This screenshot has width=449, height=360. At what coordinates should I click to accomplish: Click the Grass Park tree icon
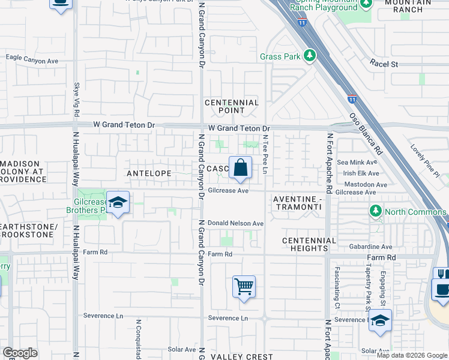tap(310, 56)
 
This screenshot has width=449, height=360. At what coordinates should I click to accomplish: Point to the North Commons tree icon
tap(376, 211)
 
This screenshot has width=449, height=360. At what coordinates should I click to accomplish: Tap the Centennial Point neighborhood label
tap(232, 106)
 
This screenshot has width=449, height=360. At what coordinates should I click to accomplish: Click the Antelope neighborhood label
tap(149, 173)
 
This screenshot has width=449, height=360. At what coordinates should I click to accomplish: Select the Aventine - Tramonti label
tap(297, 202)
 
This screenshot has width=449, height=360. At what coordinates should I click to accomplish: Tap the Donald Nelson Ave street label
tap(236, 223)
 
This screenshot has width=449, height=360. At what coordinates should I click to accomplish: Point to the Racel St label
tap(384, 63)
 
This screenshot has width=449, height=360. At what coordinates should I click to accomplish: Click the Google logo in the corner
tap(20, 353)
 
